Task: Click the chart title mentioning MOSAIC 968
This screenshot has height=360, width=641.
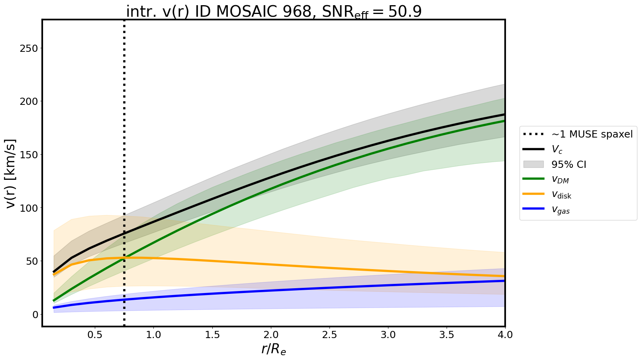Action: click(273, 12)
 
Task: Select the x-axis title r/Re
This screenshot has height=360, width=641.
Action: click(274, 349)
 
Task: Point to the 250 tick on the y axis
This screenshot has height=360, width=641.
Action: click(29, 48)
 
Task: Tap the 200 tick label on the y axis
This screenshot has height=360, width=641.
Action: click(29, 102)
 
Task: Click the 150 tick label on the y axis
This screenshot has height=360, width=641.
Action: click(29, 155)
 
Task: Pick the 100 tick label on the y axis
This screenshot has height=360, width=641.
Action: click(29, 208)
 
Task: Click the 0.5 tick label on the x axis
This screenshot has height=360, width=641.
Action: click(95, 335)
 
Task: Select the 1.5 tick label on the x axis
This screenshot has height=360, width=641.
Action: click(212, 335)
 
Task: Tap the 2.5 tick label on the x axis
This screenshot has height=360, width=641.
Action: click(329, 335)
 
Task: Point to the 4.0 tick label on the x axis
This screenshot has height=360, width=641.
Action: click(505, 335)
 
